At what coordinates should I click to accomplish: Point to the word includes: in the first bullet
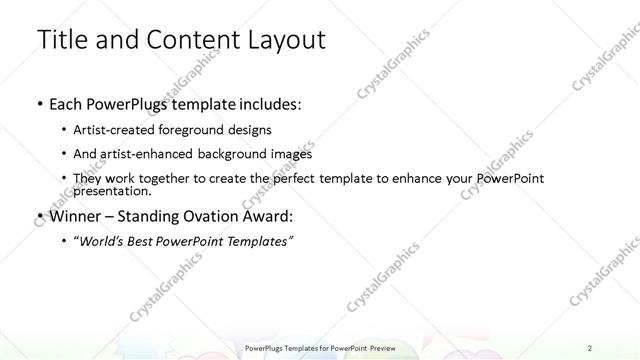click(x=267, y=104)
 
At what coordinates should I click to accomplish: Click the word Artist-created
click(x=111, y=130)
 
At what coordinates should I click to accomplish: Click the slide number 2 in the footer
click(x=590, y=346)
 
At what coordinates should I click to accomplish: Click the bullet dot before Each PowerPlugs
click(x=38, y=104)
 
